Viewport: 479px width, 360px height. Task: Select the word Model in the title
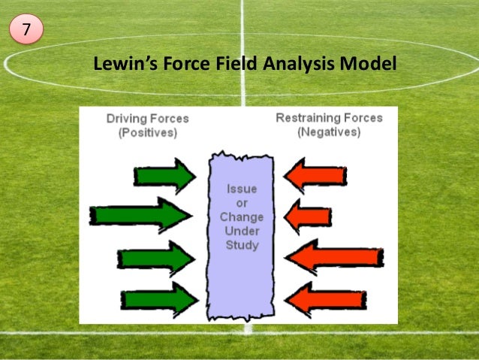367,65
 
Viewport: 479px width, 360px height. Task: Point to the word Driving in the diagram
125,119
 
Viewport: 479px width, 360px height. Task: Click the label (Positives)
147,132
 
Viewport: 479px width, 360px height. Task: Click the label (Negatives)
329,132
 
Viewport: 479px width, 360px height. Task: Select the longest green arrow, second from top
140,216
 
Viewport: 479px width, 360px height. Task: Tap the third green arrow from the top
155,259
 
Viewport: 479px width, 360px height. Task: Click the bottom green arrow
158,299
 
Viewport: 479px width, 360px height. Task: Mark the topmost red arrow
315,175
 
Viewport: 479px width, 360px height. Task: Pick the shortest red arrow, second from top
308,215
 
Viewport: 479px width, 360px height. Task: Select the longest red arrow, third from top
334,258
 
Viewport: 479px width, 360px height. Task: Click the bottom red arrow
316,299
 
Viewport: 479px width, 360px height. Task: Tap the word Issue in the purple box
241,189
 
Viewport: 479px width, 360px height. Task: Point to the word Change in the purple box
241,217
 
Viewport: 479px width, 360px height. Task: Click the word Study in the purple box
241,245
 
